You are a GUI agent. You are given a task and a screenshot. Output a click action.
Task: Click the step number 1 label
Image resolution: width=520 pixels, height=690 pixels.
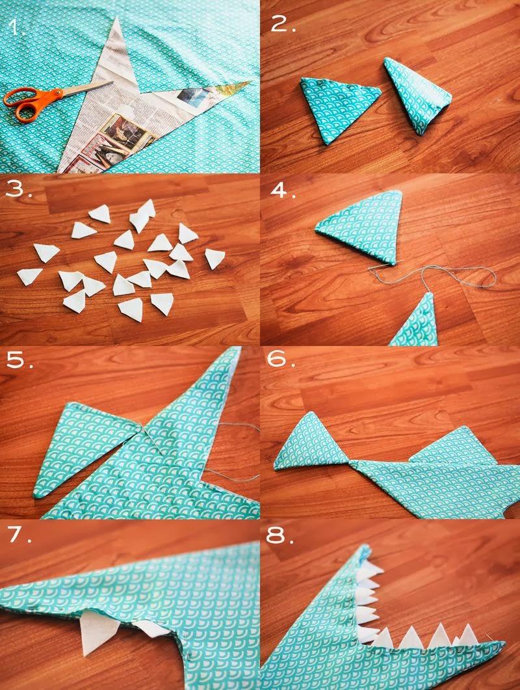point(16,27)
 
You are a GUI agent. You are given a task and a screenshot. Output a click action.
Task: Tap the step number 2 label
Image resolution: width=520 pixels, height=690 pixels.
point(283,24)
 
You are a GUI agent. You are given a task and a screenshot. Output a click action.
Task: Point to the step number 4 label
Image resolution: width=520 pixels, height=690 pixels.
point(283,190)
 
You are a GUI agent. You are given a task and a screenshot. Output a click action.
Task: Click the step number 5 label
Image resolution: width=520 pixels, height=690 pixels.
point(19,360)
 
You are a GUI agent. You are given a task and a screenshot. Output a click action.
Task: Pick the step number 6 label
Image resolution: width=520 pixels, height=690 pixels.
point(281,359)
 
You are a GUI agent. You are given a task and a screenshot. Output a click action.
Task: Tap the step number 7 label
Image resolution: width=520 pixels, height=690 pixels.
point(19,534)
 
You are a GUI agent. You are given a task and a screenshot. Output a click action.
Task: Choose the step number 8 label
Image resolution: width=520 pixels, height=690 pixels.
point(279,536)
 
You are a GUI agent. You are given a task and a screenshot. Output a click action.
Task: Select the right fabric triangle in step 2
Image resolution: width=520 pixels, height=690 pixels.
point(417,94)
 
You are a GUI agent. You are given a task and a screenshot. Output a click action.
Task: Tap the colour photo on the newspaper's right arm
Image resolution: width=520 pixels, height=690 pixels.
point(194,97)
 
